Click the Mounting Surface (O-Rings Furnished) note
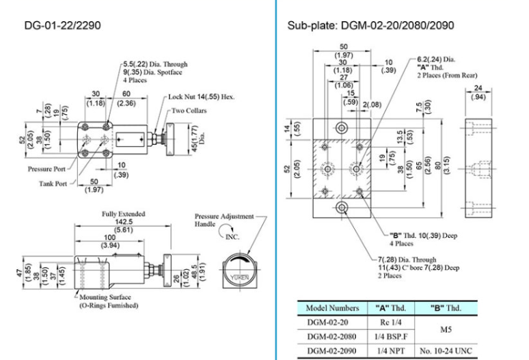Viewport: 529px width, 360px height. point(111,302)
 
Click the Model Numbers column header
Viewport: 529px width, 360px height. point(327,306)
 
